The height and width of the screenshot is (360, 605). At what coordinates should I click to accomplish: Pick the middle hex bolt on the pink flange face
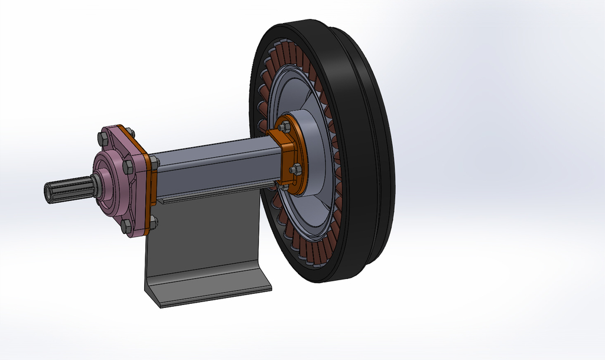click(128, 167)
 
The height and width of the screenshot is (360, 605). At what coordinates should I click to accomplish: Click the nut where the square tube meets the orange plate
click(154, 161)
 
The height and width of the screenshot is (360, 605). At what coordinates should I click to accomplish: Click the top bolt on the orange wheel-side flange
click(284, 127)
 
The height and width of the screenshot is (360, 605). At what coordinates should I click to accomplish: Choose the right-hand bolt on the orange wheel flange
click(295, 170)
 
